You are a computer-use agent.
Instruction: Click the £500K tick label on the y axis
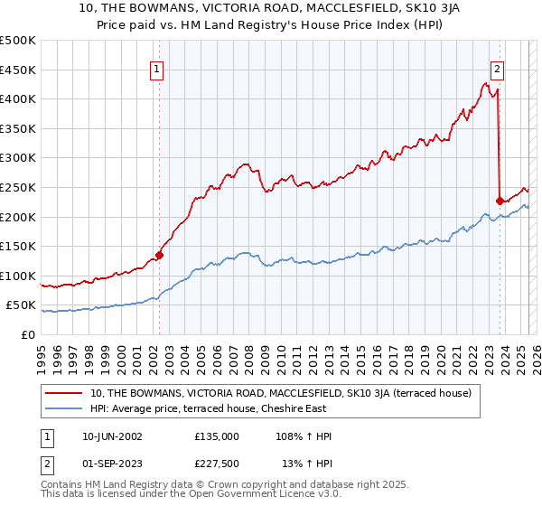click(18, 41)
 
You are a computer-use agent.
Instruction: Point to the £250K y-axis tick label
click(18, 187)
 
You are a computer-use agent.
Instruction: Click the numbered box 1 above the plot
click(157, 68)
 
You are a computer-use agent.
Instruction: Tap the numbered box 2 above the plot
click(497, 68)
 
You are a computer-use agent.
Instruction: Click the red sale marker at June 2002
click(160, 255)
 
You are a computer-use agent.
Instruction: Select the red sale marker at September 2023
click(500, 201)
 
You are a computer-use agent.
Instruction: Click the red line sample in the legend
click(63, 393)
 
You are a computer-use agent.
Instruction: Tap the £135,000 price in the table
click(217, 436)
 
